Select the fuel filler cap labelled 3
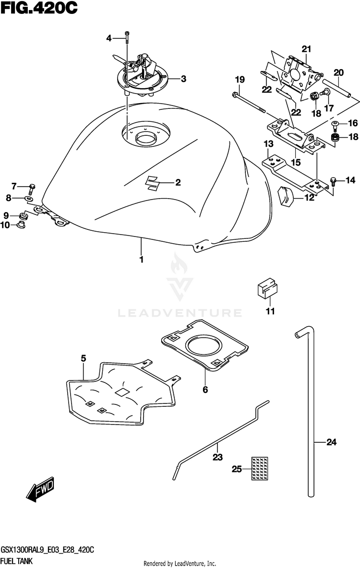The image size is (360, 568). [x=144, y=77]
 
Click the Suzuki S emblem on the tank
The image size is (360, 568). [x=154, y=183]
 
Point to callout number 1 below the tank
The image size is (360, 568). [x=142, y=260]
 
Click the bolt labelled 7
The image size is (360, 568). [x=32, y=186]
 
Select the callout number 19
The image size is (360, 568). [x=240, y=79]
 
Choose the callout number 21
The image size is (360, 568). [x=307, y=48]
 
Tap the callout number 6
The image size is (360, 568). [x=205, y=390]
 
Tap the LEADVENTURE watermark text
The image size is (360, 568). [x=180, y=313]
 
